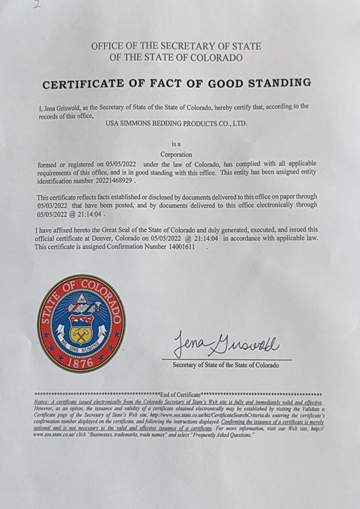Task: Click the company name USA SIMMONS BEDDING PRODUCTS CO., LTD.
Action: coord(176,124)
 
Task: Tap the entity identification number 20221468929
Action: coord(111,181)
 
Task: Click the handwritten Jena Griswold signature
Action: coord(226,343)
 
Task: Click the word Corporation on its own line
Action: coord(176,154)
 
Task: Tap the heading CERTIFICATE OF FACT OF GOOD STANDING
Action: coord(176,83)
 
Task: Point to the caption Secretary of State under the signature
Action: coord(226,365)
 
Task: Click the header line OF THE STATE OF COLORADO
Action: coord(176,58)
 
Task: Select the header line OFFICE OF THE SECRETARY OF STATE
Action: coord(176,46)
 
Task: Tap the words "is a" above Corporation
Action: coord(176,144)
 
